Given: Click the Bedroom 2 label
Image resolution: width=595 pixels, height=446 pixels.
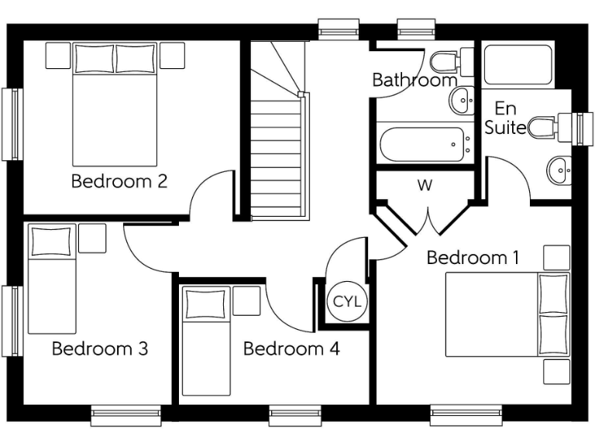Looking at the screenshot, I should coord(119,182).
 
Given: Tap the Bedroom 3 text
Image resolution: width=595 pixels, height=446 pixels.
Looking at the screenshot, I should coord(100,348).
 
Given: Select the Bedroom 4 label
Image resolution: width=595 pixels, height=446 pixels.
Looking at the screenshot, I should coord(291,348).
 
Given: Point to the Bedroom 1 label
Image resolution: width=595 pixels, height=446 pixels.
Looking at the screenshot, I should coord(473,257).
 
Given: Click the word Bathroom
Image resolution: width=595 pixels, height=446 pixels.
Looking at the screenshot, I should coord(414,80).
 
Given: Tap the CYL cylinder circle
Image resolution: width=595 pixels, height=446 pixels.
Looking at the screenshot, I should coord(346,301).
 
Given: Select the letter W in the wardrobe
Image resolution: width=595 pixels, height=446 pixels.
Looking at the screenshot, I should coord(424,186).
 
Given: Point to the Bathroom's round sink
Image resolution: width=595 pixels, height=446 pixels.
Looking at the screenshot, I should coord(463,98).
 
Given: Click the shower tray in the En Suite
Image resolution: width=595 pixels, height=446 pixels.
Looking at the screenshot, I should coord(518,67).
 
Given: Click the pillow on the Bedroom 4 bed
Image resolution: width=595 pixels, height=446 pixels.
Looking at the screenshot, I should coord(206,302).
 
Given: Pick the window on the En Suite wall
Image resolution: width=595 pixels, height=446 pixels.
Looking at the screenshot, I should coord(581,127).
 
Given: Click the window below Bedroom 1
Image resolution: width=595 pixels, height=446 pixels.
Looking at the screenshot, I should coord(466,415).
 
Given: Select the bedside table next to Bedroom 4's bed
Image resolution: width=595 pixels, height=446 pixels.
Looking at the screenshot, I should coord(246,300).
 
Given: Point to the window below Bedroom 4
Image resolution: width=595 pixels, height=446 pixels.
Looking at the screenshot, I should coord(294,415).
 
